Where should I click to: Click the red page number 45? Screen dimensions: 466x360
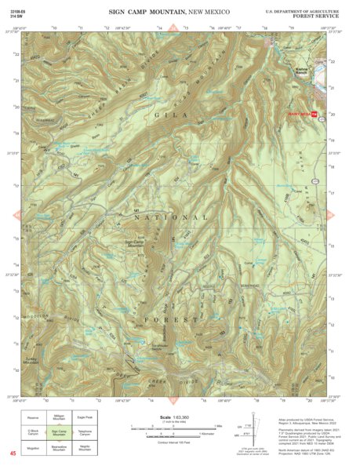(13, 453)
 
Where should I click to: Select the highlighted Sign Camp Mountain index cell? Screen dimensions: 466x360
(60, 431)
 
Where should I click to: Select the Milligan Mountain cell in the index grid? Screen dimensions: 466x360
(60, 417)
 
